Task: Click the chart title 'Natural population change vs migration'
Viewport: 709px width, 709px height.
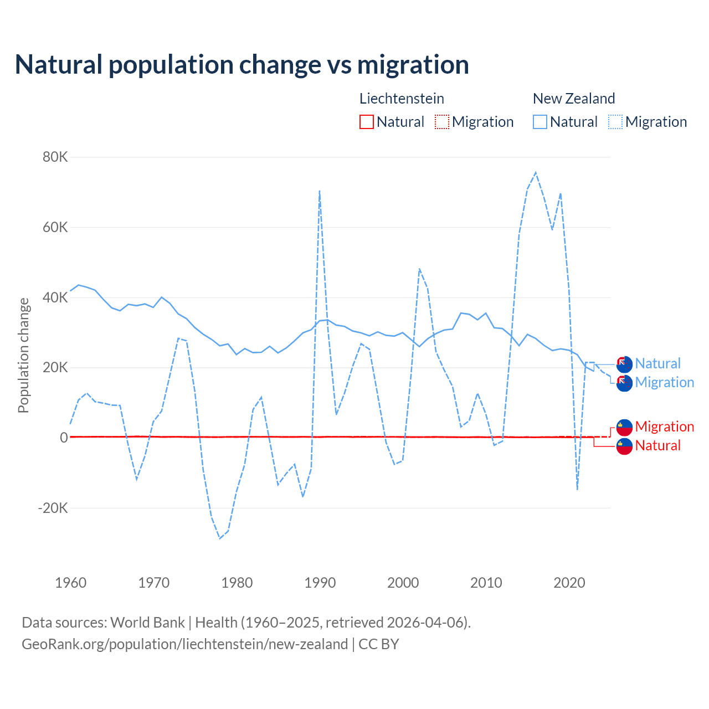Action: pos(242,65)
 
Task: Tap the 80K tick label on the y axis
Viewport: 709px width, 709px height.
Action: pos(55,157)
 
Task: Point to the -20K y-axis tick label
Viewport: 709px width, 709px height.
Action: pos(53,508)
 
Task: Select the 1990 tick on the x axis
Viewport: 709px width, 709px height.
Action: pos(320,583)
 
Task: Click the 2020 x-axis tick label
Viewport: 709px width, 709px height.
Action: pos(569,583)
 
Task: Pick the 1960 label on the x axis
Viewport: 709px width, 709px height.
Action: pos(71,583)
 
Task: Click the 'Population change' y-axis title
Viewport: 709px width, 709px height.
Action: pos(23,355)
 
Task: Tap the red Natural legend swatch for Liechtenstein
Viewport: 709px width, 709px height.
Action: pos(367,122)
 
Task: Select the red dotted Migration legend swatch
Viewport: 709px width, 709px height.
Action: pos(442,122)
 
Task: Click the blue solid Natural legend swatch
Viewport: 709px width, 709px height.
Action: pos(540,122)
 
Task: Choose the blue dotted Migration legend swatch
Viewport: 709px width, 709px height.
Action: pos(615,122)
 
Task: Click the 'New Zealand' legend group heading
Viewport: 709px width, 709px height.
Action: pos(574,99)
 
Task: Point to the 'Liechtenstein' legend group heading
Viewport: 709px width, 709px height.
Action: pos(402,99)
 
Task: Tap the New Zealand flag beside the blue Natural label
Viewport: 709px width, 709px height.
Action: pos(624,364)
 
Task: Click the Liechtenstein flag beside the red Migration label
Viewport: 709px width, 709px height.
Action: pos(624,427)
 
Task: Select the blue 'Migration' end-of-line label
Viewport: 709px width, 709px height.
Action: pos(664,382)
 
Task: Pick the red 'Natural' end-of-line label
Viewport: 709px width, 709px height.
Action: pos(657,445)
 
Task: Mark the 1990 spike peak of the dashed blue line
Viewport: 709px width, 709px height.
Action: pos(320,191)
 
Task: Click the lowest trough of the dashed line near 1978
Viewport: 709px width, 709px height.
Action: pos(220,538)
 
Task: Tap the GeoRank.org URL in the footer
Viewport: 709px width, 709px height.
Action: pos(184,644)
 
